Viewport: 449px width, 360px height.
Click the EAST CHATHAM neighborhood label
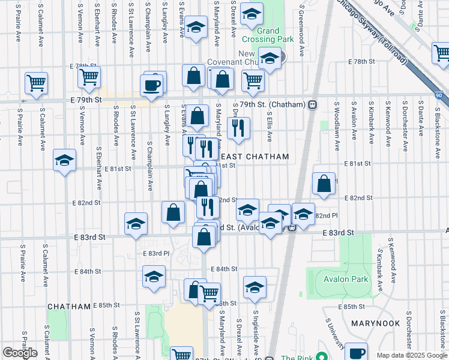tap(259, 157)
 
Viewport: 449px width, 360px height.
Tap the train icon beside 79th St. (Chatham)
tap(313, 105)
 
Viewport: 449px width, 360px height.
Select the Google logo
tap(20, 352)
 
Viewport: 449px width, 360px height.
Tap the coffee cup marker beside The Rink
tap(356, 352)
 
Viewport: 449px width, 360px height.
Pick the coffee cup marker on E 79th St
tap(151, 85)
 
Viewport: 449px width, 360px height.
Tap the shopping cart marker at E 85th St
tap(209, 294)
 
